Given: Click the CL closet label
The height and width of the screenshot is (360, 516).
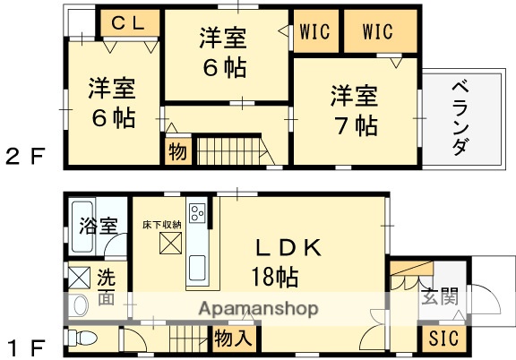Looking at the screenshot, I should pyautogui.click(x=129, y=25).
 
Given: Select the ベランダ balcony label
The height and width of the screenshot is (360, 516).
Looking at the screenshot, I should pyautogui.click(x=459, y=117).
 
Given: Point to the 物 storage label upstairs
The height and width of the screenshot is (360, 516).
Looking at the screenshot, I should pyautogui.click(x=177, y=152).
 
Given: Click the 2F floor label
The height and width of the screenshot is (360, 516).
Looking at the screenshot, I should pyautogui.click(x=26, y=159).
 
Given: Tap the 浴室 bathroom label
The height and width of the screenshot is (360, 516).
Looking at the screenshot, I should pyautogui.click(x=99, y=226).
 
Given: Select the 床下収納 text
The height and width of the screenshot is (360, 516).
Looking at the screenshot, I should pyautogui.click(x=162, y=224).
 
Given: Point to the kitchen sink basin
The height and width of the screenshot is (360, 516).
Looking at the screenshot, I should pyautogui.click(x=197, y=268).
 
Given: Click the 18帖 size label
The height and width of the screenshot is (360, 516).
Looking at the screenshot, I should pyautogui.click(x=274, y=277).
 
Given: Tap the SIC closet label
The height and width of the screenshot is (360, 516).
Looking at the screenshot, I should pyautogui.click(x=442, y=339).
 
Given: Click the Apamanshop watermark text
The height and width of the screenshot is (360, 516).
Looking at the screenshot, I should pyautogui.click(x=259, y=309).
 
